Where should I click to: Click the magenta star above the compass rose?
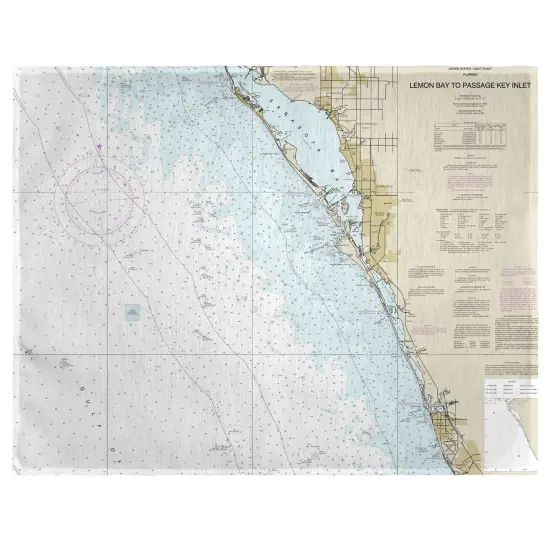(x=100, y=147)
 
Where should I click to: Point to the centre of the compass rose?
(x=105, y=197)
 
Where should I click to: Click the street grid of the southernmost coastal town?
(x=450, y=405)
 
